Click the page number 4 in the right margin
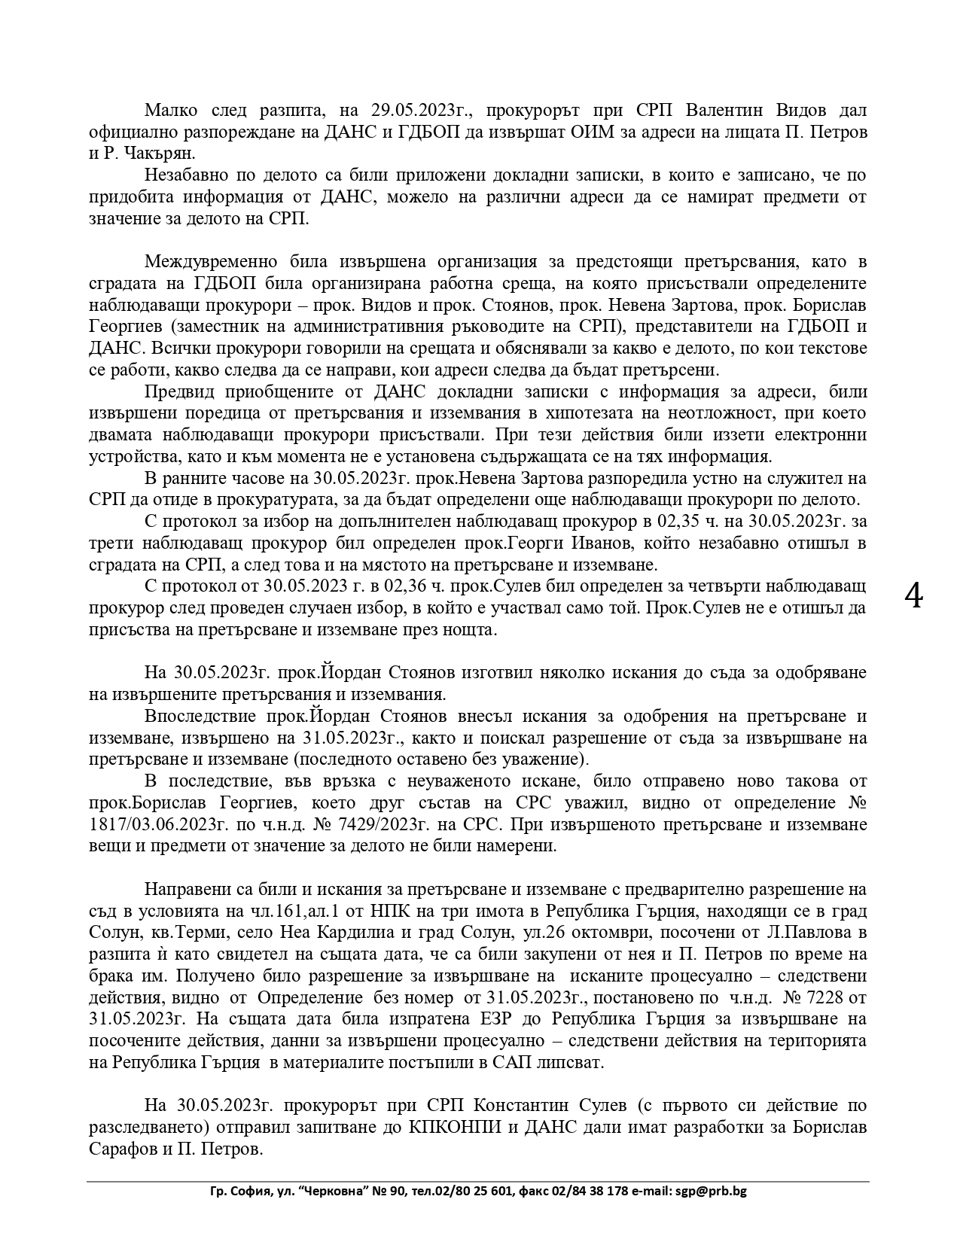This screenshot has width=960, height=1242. tap(913, 596)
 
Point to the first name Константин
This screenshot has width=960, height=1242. tap(523, 1106)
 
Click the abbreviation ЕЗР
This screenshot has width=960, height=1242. tap(489, 1019)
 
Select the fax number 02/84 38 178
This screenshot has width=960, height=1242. tap(590, 1192)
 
